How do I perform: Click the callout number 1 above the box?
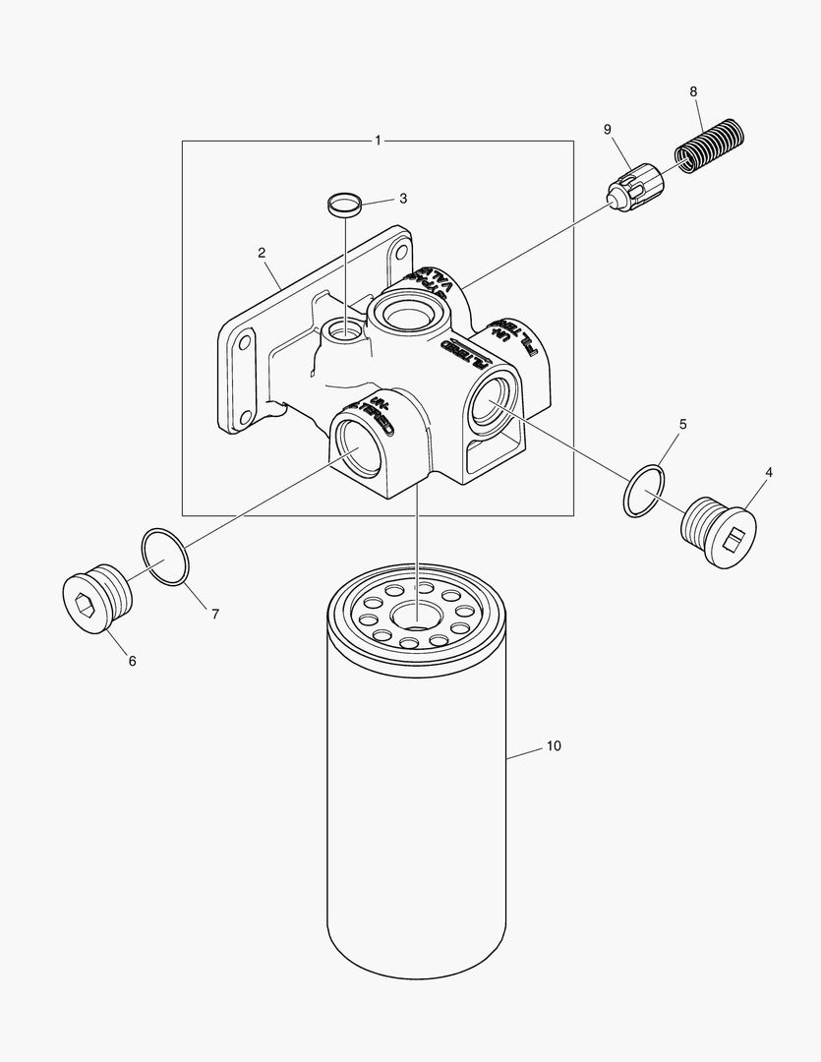coord(378,141)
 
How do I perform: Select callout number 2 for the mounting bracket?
coord(263,253)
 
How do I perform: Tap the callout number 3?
coord(402,198)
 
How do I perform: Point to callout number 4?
coord(768,472)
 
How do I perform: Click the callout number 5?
coord(682,425)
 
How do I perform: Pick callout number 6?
coord(132,661)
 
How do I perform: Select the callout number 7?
coord(214,614)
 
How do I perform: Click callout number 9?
coord(607,130)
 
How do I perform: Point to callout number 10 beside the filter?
coord(554,746)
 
